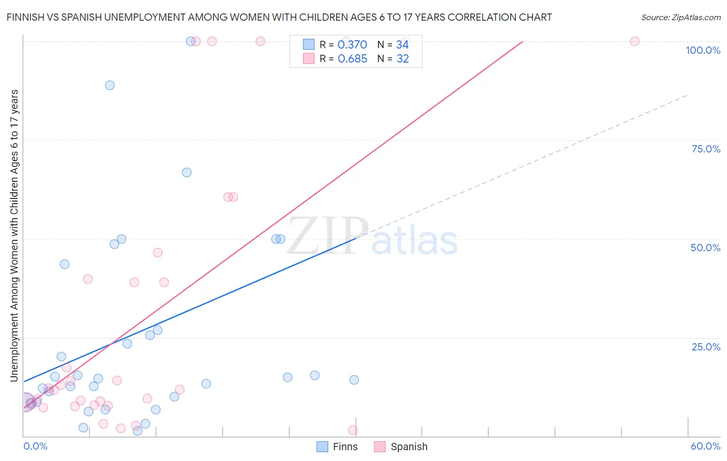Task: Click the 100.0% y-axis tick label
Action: coord(703,50)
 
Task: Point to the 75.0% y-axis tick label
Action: coord(706,149)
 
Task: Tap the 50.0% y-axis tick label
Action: coord(705,248)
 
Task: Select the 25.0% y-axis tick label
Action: coord(706,347)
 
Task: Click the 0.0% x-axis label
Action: coord(35,446)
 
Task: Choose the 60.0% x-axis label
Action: coord(705,446)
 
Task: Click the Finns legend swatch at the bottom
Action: coord(322,447)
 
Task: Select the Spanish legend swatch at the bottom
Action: coord(380,447)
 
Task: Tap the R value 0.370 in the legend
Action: coord(352,45)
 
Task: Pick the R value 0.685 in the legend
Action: coord(352,59)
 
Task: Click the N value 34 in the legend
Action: coord(402,45)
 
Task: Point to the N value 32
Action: coord(403,59)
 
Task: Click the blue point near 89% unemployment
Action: coord(110,85)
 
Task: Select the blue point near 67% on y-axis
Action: coord(187,173)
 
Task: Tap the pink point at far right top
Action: coord(634,41)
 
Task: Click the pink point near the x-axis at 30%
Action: coord(353,430)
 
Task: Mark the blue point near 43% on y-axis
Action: coord(65,264)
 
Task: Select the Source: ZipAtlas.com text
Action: coord(681,18)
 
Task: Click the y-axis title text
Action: coord(14,235)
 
